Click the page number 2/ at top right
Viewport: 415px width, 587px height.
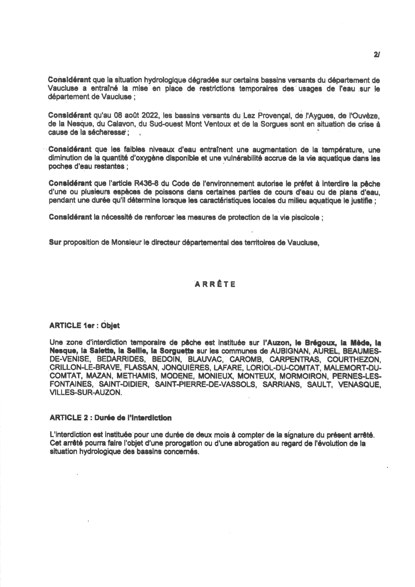[x=377, y=54]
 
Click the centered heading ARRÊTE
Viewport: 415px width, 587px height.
[x=215, y=285]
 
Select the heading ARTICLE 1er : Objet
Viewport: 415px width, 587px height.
[x=85, y=326]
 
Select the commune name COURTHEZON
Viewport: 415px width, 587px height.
[x=354, y=360]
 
